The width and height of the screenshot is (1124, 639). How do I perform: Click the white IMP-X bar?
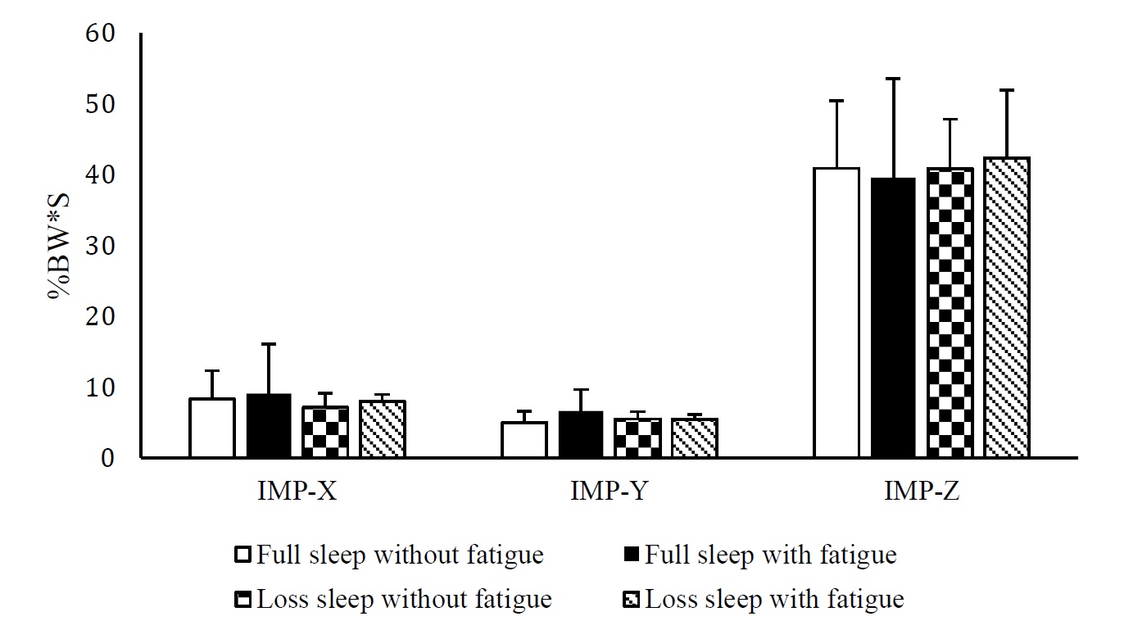tap(212, 428)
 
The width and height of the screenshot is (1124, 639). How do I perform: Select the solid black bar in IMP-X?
tap(269, 426)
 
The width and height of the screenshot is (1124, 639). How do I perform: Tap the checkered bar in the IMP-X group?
tap(325, 432)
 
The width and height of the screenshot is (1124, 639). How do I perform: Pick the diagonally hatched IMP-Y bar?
tap(695, 438)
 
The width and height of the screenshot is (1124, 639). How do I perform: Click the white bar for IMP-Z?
tap(836, 312)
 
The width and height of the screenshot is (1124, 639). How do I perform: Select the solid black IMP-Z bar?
tap(893, 318)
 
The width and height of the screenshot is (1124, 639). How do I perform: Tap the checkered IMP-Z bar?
tap(950, 312)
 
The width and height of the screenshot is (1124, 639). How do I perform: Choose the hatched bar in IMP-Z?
tap(1007, 307)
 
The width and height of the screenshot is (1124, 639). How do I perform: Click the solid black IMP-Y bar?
tap(581, 435)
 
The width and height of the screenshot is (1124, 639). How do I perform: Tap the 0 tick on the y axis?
tap(110, 458)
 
